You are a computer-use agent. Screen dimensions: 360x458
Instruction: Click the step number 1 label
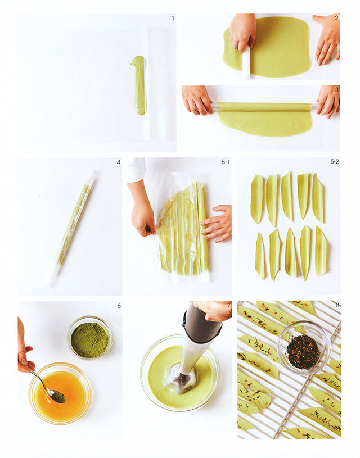tap(173, 19)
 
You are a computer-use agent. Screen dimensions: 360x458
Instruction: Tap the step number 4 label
tap(119, 162)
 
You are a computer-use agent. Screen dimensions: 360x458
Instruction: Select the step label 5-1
tap(226, 162)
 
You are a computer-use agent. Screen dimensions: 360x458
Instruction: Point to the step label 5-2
tap(335, 161)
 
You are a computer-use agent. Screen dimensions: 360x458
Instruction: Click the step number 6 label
tap(119, 306)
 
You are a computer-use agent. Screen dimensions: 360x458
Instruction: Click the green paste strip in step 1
tap(139, 85)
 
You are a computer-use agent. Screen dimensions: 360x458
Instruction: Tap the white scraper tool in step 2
tap(246, 62)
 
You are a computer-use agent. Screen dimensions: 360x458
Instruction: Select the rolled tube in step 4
tap(72, 229)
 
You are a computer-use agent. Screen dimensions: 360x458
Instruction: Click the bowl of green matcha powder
tap(90, 337)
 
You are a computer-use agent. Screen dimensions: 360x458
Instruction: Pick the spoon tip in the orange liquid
tap(58, 396)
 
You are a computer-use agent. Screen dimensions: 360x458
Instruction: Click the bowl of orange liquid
tap(60, 393)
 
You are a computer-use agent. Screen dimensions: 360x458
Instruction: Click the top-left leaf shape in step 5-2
tap(257, 199)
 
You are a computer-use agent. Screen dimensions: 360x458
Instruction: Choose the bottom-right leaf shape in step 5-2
tap(321, 251)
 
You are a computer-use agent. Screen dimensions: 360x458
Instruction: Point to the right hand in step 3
tap(328, 101)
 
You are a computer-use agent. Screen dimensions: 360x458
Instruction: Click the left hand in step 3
tap(196, 100)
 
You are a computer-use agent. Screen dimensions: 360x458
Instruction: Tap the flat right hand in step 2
tap(327, 39)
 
